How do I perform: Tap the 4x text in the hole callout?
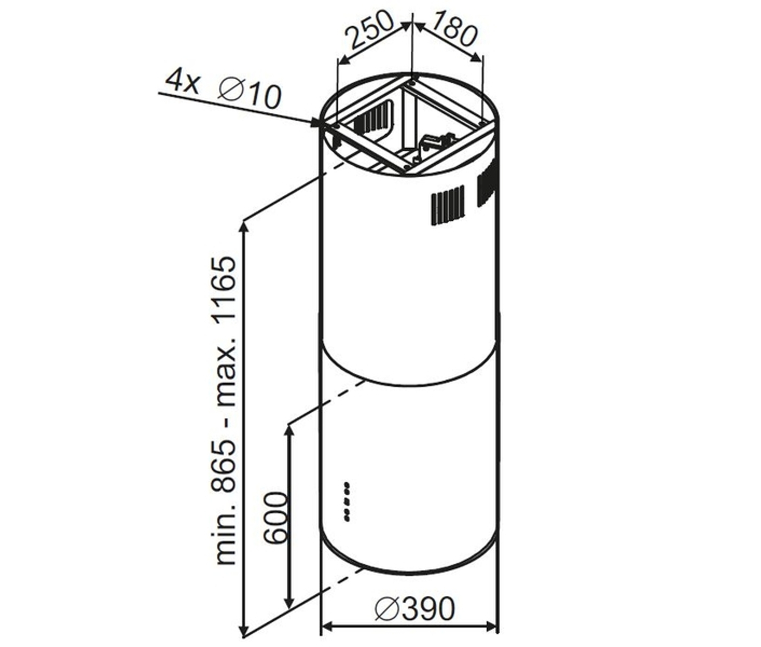[x=182, y=81]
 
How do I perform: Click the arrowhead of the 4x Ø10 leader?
[x=317, y=123]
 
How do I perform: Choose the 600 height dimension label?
[x=276, y=518]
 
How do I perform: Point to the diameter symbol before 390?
[x=388, y=609]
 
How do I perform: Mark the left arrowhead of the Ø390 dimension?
[x=327, y=627]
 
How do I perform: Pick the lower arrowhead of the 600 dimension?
[x=290, y=603]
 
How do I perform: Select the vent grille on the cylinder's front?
[x=447, y=205]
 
